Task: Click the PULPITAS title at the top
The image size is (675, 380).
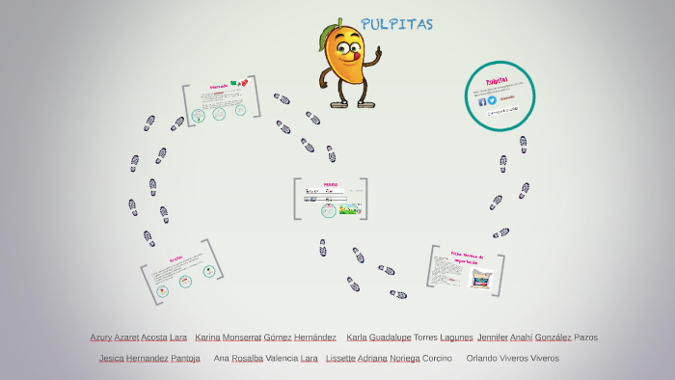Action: (396, 24)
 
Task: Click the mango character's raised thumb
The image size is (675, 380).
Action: (378, 49)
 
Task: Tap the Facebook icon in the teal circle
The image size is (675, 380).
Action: (482, 100)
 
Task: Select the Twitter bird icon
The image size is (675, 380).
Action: (492, 100)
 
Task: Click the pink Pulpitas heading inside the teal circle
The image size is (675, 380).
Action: (497, 81)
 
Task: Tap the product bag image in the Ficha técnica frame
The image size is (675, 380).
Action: (480, 279)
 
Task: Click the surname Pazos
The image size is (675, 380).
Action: (585, 338)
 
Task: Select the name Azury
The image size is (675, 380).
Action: (100, 338)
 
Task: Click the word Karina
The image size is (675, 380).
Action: (207, 338)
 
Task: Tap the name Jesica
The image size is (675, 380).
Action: (111, 358)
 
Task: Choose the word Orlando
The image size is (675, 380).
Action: (482, 358)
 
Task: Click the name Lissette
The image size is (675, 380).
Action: (341, 358)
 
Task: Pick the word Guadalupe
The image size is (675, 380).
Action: (390, 338)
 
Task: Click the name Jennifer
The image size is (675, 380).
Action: (493, 338)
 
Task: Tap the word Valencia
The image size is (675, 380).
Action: (282, 358)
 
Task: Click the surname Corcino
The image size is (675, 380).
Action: (438, 358)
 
